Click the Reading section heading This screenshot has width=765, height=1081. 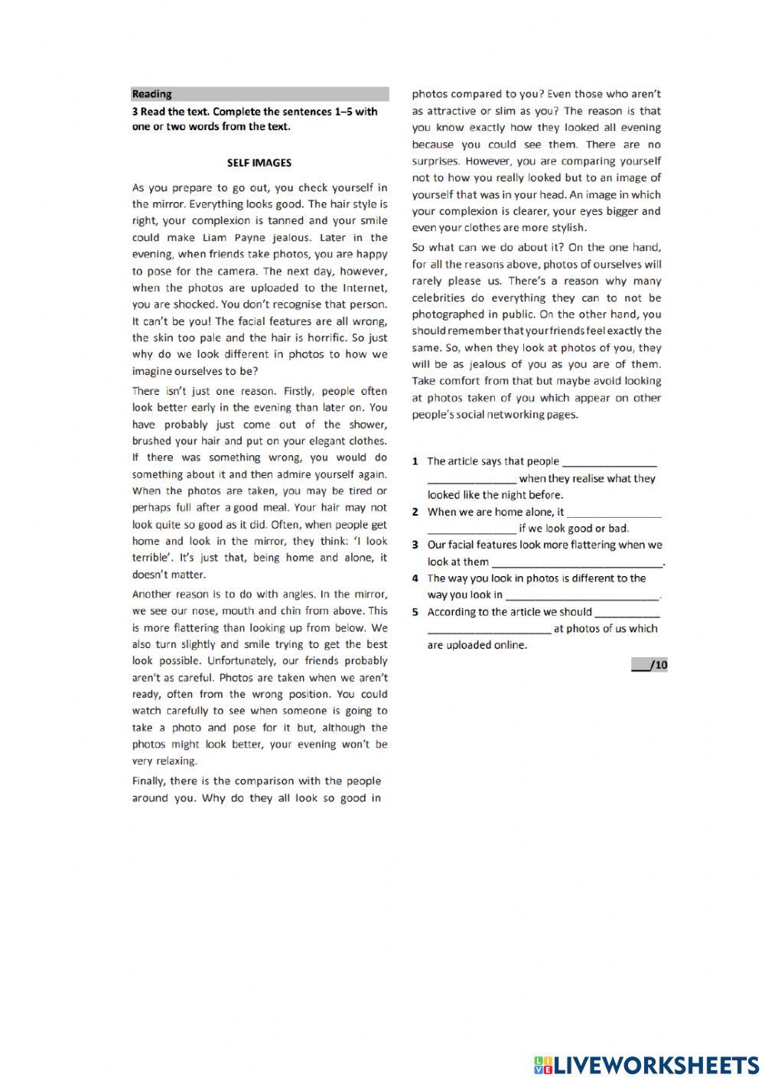152,94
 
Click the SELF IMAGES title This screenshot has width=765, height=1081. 259,162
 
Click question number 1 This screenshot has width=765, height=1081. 415,461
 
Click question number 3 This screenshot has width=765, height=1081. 415,545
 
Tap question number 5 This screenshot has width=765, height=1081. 415,612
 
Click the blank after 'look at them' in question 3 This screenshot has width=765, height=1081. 577,562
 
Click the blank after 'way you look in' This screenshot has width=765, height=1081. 582,595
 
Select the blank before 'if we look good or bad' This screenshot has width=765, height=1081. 471,529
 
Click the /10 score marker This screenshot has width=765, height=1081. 650,665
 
